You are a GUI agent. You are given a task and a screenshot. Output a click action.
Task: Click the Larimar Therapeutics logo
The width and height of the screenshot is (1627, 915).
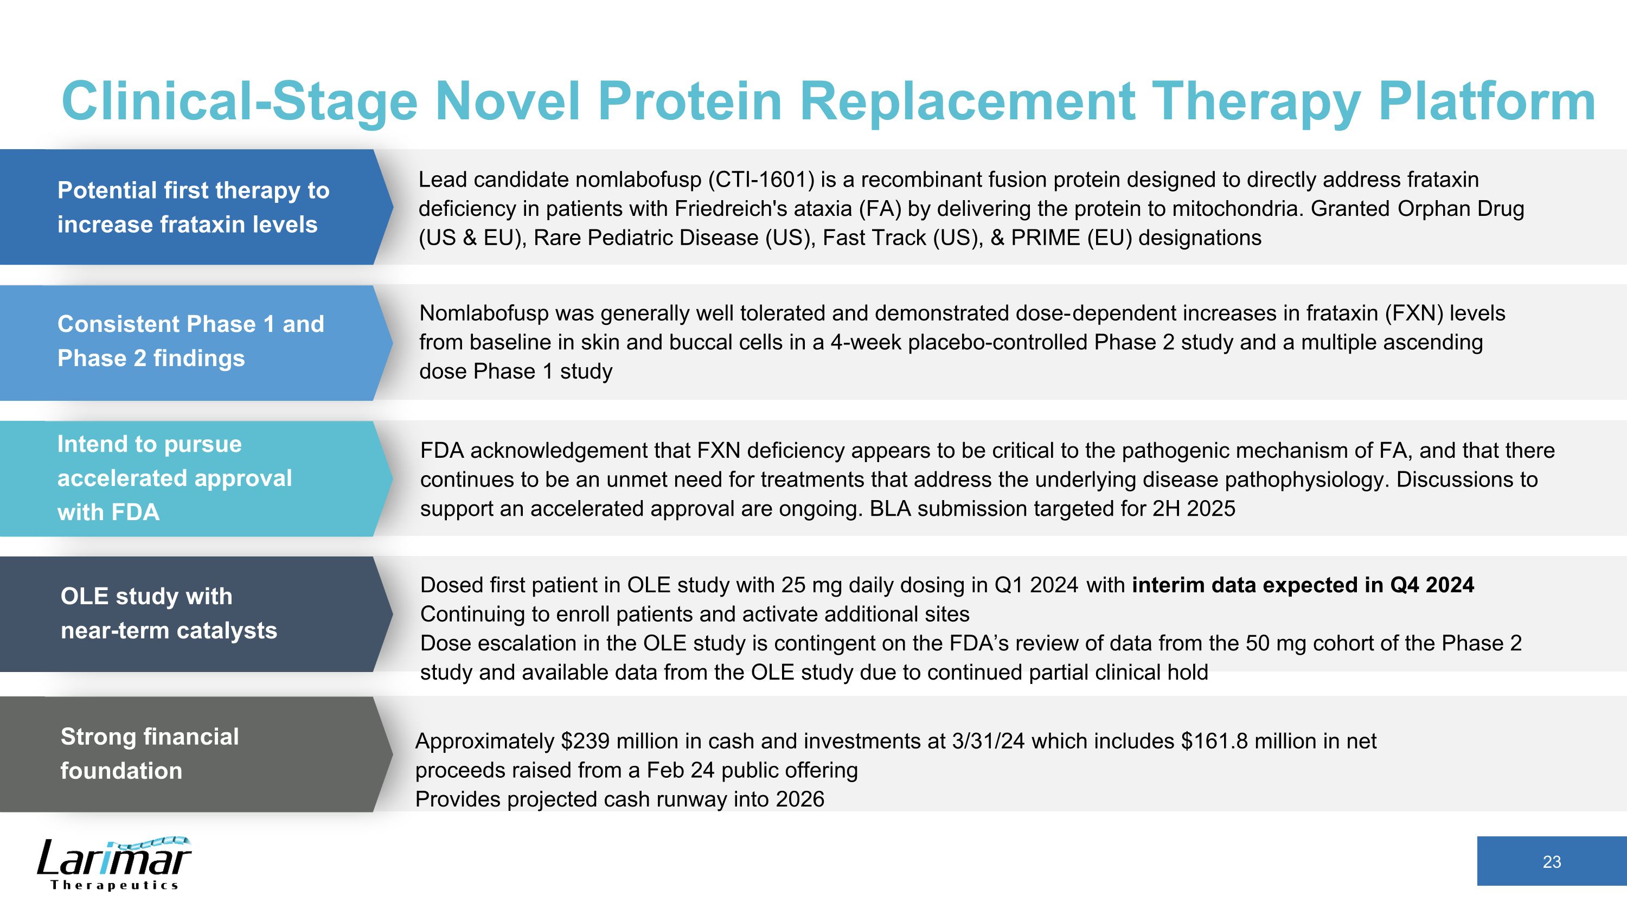point(114,863)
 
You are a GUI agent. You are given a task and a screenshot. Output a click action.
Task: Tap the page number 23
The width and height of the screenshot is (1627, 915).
point(1551,862)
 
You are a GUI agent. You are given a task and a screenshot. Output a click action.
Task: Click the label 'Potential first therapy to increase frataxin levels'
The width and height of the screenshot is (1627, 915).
point(193,207)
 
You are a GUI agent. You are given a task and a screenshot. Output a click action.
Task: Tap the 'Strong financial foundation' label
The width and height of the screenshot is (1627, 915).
point(150,753)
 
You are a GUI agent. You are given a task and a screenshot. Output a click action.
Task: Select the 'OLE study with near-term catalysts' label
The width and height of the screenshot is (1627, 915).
point(169,613)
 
